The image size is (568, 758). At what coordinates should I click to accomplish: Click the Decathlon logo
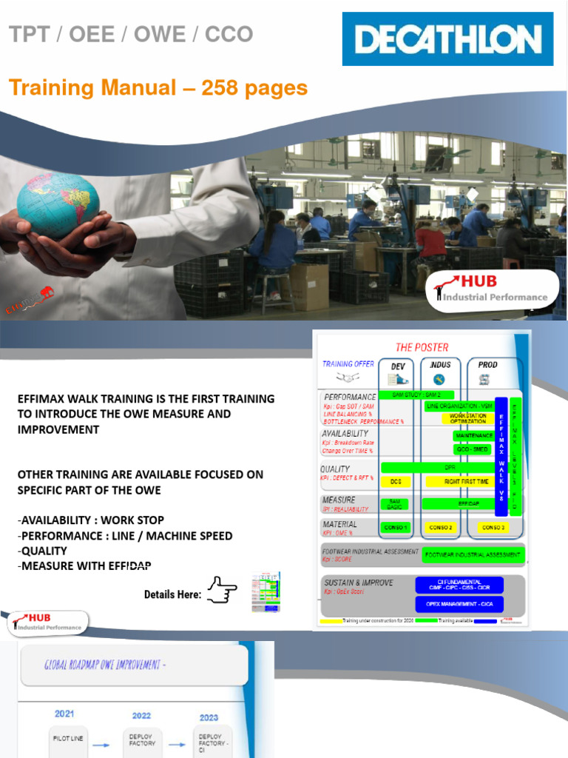(x=447, y=38)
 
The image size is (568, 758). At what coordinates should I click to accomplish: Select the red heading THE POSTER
(x=422, y=347)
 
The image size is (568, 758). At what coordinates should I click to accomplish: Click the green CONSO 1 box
(x=396, y=528)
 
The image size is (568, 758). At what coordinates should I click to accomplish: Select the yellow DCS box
(x=396, y=481)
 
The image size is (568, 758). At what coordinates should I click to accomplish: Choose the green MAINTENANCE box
(x=473, y=436)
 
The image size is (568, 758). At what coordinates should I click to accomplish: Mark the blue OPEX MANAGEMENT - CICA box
(x=459, y=604)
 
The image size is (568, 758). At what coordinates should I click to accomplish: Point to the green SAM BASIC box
(x=396, y=503)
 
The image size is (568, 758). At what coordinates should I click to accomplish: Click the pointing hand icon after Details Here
(x=222, y=591)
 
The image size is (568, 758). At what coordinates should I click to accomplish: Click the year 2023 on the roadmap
(x=209, y=717)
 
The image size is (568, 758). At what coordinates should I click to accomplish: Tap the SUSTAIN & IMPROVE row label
(x=359, y=583)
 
